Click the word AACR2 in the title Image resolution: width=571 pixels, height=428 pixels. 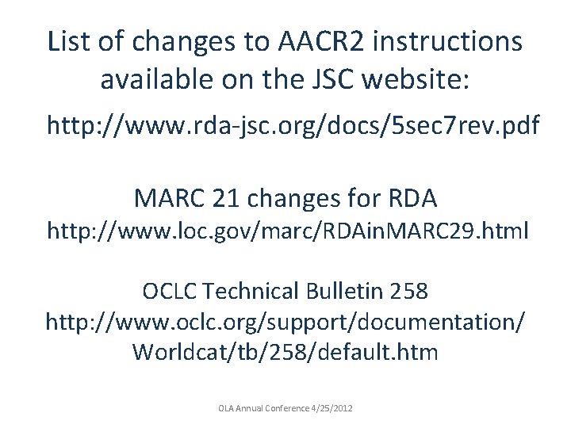coord(308,41)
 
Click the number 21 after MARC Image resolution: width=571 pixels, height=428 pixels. coord(224,196)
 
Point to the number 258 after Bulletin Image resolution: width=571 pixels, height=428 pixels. coord(409,292)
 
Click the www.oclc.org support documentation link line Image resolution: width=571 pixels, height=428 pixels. coord(285,322)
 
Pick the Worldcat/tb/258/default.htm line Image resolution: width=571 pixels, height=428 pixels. coord(285,351)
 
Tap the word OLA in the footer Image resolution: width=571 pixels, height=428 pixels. coord(226,408)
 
